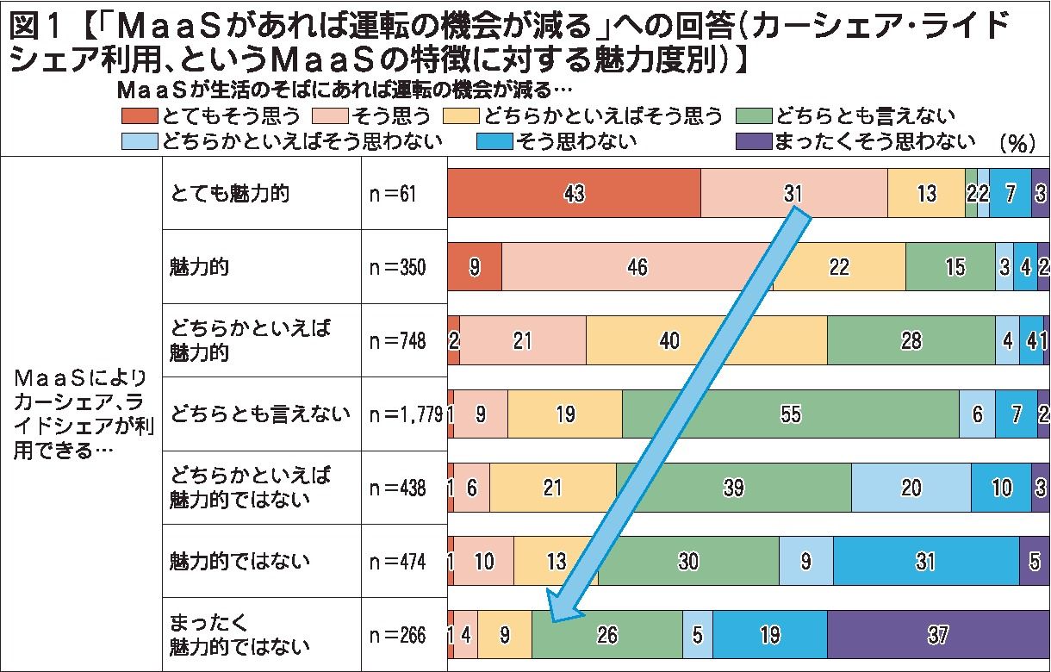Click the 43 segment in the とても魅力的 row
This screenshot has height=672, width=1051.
(574, 193)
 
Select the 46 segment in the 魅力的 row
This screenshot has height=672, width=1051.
(637, 267)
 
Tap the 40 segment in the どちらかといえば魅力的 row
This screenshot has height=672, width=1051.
(669, 341)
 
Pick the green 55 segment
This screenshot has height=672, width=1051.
(790, 414)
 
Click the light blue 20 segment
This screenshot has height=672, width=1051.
(911, 488)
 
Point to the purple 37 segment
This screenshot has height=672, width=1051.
(938, 636)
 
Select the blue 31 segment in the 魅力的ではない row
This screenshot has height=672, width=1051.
(925, 562)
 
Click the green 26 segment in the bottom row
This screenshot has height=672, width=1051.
(607, 636)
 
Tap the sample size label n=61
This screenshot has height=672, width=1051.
(392, 194)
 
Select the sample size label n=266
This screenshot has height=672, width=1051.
(397, 636)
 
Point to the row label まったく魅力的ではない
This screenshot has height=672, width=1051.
(238, 635)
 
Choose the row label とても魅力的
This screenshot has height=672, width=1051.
(229, 193)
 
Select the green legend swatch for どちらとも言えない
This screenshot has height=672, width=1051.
(753, 115)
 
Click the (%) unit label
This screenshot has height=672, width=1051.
(1017, 143)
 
